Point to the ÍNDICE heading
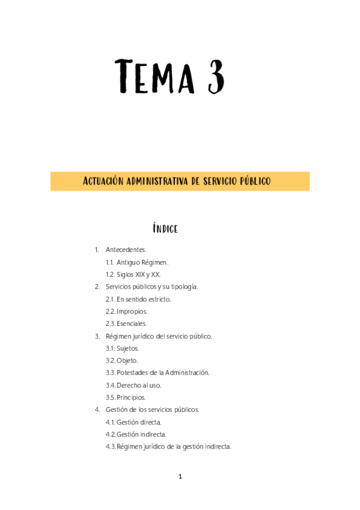click(x=165, y=229)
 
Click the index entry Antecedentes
click(x=126, y=250)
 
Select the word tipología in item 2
click(x=180, y=287)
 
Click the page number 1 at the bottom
click(x=180, y=477)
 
